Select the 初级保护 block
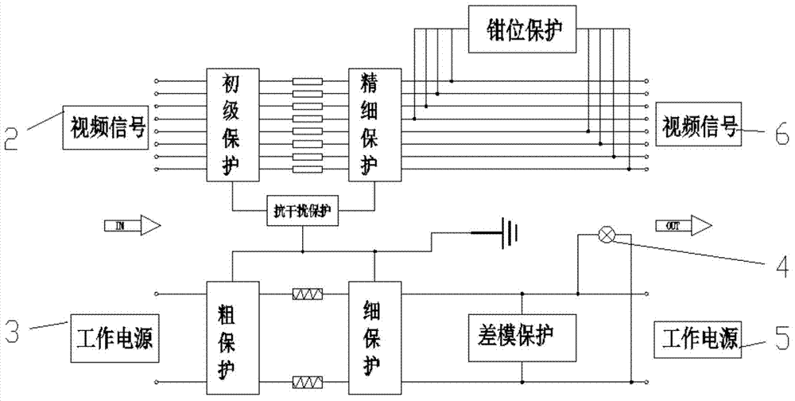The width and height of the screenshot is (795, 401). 232,124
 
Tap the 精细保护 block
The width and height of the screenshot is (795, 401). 374,124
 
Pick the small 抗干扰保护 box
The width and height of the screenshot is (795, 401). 302,212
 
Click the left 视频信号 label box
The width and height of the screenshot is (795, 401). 106,126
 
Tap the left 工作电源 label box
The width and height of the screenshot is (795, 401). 112,340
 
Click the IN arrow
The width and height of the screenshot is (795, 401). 132,226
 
